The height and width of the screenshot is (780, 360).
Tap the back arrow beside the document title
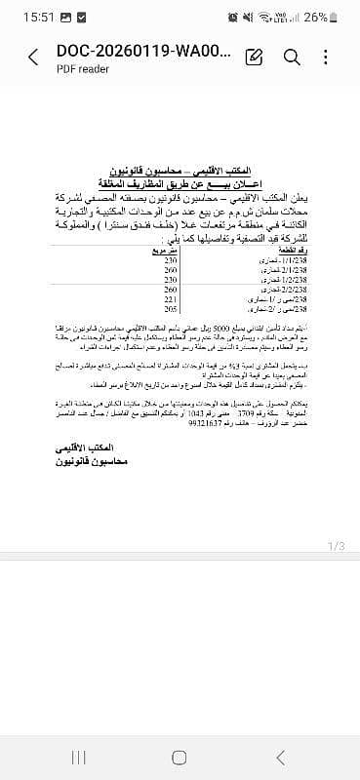point(33,58)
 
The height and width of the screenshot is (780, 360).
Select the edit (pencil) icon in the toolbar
point(255,58)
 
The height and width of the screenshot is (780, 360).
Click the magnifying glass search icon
point(292,58)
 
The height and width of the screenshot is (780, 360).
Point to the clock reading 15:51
point(20,17)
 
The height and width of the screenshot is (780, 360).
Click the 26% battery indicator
point(322,17)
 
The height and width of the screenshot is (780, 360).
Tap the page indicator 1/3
point(335,545)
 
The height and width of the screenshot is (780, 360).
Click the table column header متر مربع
point(171,252)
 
